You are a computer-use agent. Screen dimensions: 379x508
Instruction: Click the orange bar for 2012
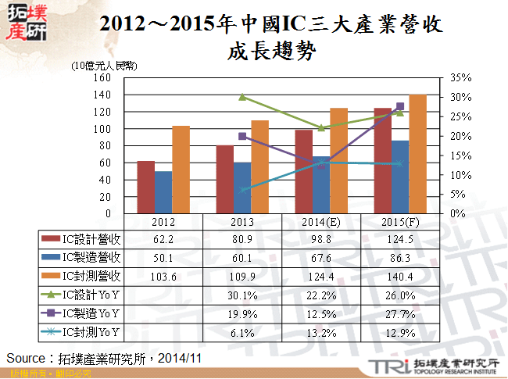181,170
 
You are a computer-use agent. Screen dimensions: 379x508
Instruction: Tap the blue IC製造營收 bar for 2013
242,188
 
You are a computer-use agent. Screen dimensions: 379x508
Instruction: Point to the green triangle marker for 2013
242,97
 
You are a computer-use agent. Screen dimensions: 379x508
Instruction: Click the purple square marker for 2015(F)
400,106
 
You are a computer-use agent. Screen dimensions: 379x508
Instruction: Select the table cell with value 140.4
399,276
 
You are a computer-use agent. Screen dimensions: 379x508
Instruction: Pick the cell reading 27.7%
399,313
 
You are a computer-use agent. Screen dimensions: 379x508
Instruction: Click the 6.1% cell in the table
241,332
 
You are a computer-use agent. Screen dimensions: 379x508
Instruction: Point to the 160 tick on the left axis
102,77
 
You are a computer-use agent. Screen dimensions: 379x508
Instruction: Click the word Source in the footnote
26,358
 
